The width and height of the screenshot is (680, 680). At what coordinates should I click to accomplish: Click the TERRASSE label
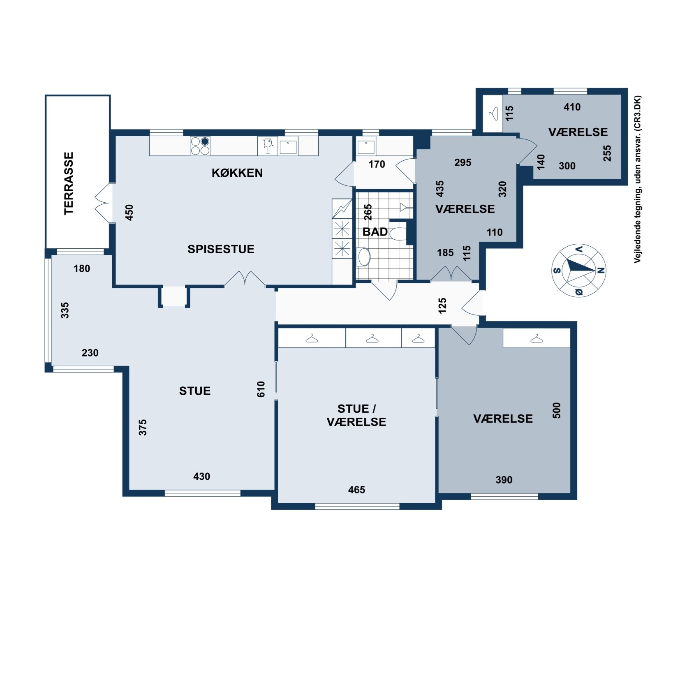pyautogui.click(x=69, y=183)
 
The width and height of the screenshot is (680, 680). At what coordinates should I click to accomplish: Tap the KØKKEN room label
pyautogui.click(x=237, y=173)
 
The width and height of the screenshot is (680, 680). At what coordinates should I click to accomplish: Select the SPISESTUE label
pyautogui.click(x=221, y=249)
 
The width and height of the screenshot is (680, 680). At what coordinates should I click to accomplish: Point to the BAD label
pyautogui.click(x=375, y=232)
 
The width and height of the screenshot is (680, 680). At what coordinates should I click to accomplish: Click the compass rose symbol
pyautogui.click(x=578, y=270)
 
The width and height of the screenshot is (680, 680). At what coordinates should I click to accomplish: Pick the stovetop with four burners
pyautogui.click(x=200, y=146)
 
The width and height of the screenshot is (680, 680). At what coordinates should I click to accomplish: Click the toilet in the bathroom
pyautogui.click(x=397, y=234)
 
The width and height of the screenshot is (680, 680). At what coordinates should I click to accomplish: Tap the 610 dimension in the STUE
pyautogui.click(x=261, y=389)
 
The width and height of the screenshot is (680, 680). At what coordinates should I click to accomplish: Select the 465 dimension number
pyautogui.click(x=356, y=490)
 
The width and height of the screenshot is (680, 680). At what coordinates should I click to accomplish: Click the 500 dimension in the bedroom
pyautogui.click(x=556, y=410)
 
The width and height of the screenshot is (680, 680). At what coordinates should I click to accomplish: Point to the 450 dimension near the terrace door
pyautogui.click(x=129, y=213)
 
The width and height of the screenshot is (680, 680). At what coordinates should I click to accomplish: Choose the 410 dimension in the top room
pyautogui.click(x=572, y=107)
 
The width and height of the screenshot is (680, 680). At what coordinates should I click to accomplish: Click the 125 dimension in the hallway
pyautogui.click(x=442, y=306)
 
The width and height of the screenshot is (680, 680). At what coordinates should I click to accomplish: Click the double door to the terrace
pyautogui.click(x=103, y=203)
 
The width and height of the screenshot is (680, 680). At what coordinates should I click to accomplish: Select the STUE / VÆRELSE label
pyautogui.click(x=356, y=415)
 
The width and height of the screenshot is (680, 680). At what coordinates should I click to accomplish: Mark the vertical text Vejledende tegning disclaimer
pyautogui.click(x=637, y=179)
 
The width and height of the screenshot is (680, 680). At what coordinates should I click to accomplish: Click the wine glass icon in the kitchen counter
pyautogui.click(x=268, y=146)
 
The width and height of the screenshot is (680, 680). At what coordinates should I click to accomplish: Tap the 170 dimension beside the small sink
pyautogui.click(x=377, y=164)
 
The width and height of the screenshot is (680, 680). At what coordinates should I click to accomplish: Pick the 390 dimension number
pyautogui.click(x=504, y=480)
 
